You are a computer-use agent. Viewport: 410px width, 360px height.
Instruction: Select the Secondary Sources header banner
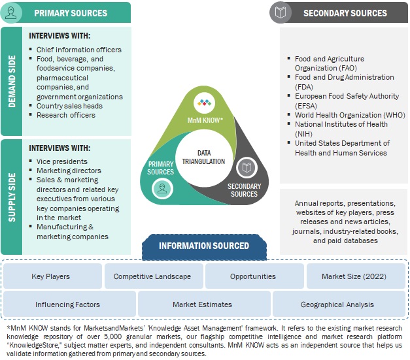344,12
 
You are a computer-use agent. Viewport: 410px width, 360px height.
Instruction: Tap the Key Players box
51,276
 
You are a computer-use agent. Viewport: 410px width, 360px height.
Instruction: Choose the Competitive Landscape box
152,276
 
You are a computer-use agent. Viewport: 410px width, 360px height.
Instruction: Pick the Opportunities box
253,276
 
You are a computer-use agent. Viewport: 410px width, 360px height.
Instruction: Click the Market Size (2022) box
354,276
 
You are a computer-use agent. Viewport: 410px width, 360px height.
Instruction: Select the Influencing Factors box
68,304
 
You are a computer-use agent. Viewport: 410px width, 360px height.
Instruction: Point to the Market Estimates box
202,304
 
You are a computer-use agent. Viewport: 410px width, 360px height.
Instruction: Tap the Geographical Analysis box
337,304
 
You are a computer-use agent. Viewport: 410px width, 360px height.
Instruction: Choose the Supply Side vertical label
12,196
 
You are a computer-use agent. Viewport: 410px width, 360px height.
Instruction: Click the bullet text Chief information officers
78,50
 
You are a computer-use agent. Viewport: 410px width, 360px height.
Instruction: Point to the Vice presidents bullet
61,161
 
